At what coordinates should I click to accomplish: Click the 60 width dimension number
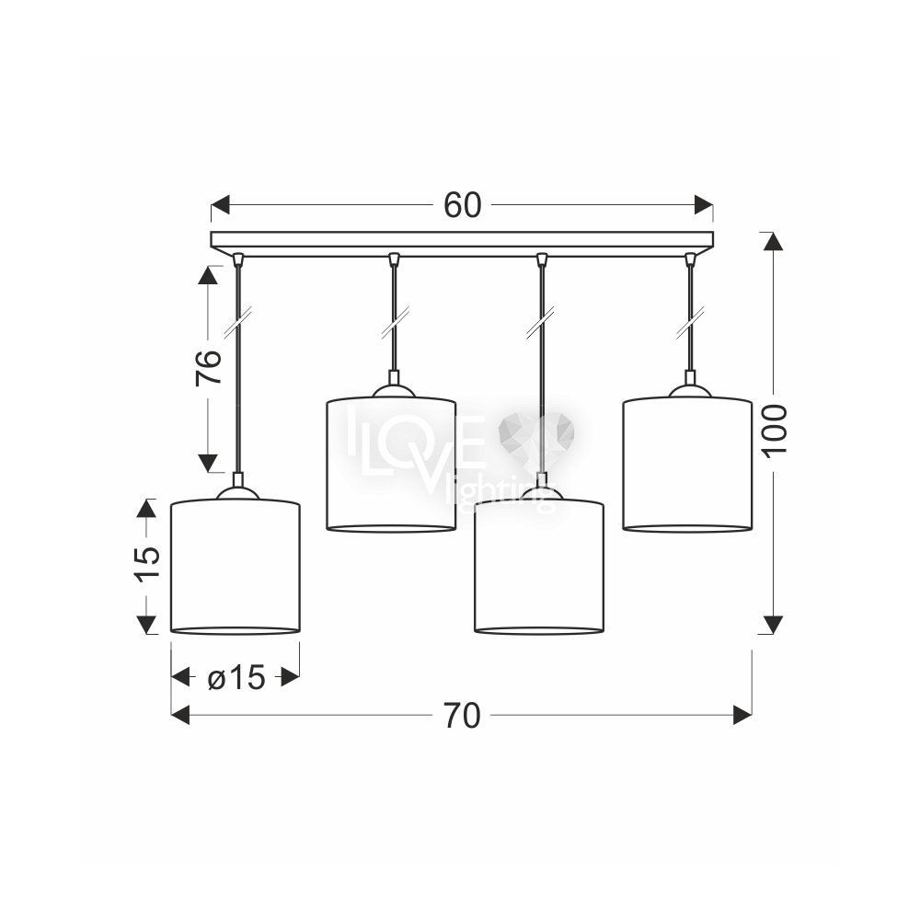point(463,205)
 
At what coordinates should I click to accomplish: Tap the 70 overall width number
point(463,716)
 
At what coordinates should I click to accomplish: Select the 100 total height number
point(774,429)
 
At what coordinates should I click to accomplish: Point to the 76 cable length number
point(208,367)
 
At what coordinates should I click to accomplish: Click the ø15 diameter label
point(236,678)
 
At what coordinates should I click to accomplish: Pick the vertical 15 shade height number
point(147,564)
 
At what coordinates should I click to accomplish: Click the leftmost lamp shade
point(236,566)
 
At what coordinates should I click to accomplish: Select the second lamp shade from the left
point(391,464)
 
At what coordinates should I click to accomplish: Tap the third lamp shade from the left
point(539,566)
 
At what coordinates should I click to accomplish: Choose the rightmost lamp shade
point(687,464)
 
